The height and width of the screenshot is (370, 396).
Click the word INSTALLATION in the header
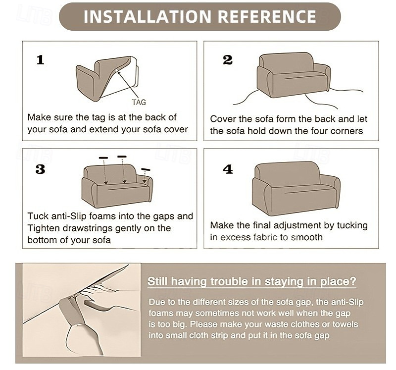(x=147, y=17)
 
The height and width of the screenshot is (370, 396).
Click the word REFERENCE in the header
(x=267, y=17)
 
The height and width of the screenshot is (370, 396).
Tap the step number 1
(x=41, y=60)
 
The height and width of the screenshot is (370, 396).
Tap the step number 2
(x=228, y=60)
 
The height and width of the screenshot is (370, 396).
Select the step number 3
(x=41, y=169)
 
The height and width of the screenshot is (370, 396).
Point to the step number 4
(x=228, y=169)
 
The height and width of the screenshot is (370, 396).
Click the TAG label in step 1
(x=139, y=102)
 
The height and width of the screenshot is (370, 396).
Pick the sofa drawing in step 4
(x=296, y=188)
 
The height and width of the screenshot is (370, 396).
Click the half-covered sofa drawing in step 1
(x=107, y=79)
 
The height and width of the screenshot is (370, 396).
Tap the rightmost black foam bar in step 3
(x=146, y=169)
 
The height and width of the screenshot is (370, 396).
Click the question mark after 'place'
(x=353, y=281)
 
